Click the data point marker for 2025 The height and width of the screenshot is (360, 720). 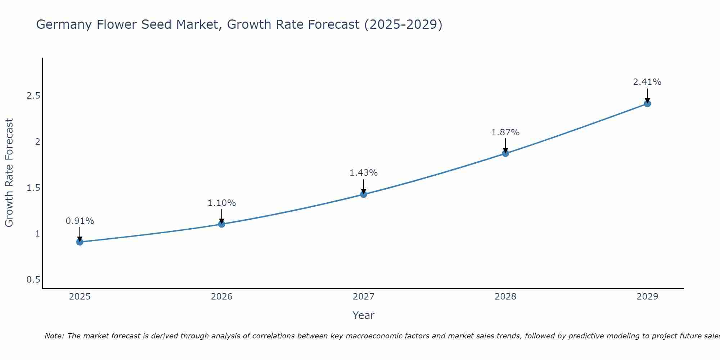click(80, 242)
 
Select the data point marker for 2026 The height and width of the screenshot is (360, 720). click(222, 224)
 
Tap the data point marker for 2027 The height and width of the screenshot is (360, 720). click(364, 194)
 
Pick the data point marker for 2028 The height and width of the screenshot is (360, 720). click(505, 154)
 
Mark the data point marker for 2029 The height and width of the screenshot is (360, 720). click(647, 104)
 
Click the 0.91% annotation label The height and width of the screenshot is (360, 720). click(80, 221)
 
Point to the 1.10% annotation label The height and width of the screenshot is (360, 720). click(222, 203)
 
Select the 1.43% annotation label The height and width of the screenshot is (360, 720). click(364, 173)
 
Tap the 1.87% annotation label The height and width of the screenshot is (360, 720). click(505, 132)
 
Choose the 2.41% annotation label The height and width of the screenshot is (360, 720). click(647, 82)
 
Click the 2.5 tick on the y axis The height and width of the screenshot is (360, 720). click(33, 96)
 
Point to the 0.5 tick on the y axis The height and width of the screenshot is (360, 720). click(33, 280)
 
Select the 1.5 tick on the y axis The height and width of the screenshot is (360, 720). click(33, 188)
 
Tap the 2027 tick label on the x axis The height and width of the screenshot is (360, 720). click(364, 297)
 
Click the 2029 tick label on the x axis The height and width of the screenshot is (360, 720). click(647, 297)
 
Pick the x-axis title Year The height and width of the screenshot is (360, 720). click(364, 315)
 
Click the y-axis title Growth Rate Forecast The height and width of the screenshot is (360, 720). click(9, 173)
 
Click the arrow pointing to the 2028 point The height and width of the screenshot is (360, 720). click(505, 146)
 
